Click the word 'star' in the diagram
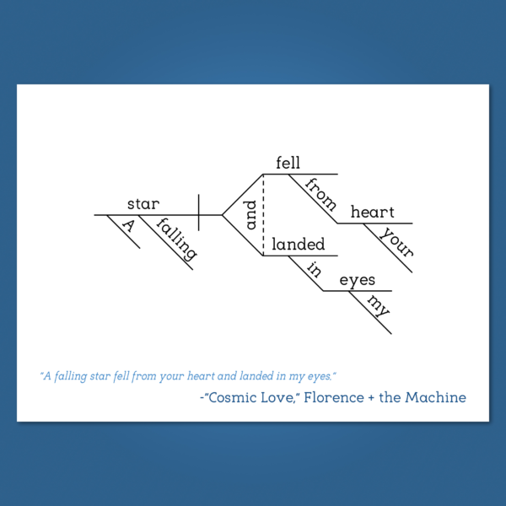[143, 204]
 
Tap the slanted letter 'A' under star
[128, 225]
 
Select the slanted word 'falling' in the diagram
[176, 239]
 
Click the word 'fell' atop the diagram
[288, 163]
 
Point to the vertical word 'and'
[250, 215]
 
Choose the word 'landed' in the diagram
[299, 245]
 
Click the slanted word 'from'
[320, 194]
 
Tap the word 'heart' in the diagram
[373, 213]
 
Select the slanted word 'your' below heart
[396, 242]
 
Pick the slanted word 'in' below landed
[314, 270]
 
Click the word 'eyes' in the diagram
[358, 280]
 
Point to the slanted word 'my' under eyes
[378, 306]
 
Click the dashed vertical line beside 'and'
[263, 215]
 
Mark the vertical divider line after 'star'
[198, 213]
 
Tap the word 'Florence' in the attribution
[334, 397]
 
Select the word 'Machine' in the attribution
[435, 397]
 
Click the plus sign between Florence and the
[371, 398]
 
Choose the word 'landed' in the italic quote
[256, 376]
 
